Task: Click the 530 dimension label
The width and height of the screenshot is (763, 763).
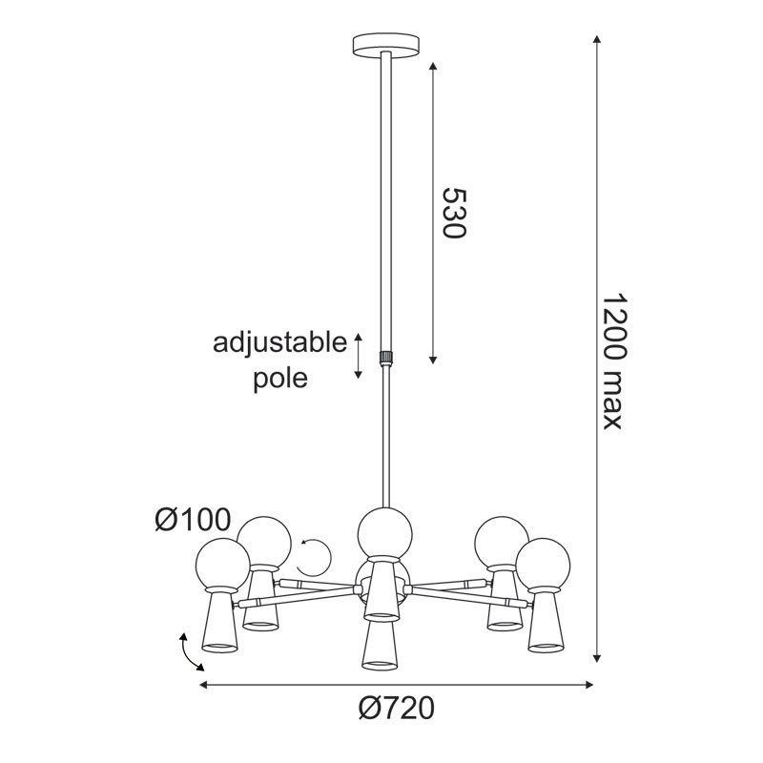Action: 454,213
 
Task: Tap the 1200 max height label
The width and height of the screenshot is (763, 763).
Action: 611,361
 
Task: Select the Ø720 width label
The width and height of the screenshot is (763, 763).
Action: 396,708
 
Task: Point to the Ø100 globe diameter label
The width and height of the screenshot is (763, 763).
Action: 193,520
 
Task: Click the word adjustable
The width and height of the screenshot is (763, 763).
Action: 279,344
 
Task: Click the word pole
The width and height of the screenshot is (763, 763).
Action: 280,378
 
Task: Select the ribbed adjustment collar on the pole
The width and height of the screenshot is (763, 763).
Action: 386,357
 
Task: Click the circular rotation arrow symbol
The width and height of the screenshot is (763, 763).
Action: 315,558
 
